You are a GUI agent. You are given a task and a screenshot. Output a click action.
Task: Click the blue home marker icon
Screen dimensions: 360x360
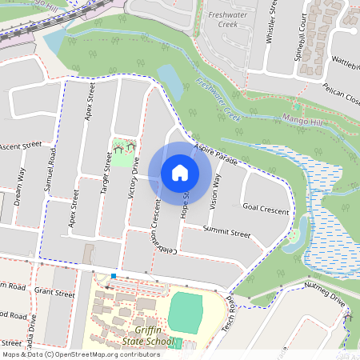180,172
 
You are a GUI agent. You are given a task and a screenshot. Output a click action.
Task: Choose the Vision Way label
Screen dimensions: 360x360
216,193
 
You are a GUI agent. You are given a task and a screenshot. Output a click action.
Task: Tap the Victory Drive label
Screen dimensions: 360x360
134,176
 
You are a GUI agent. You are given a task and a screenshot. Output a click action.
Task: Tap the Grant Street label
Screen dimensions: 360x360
54,293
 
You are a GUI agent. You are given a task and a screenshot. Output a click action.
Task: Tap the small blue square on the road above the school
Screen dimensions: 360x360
114,276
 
